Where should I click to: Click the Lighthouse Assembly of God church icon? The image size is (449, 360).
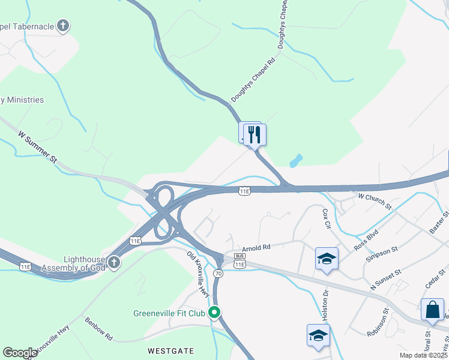113,262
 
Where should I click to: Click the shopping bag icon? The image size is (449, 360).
432,310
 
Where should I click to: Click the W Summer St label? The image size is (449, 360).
37,147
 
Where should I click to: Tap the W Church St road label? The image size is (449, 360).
374,200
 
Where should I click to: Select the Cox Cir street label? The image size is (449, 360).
327,219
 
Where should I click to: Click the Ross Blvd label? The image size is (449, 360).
366,239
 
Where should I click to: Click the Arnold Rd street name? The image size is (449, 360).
256,247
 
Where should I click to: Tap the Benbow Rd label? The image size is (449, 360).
98,329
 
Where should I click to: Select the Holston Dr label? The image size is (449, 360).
325,305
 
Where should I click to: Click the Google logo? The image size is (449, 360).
20,353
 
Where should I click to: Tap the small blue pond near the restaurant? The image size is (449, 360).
295,161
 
